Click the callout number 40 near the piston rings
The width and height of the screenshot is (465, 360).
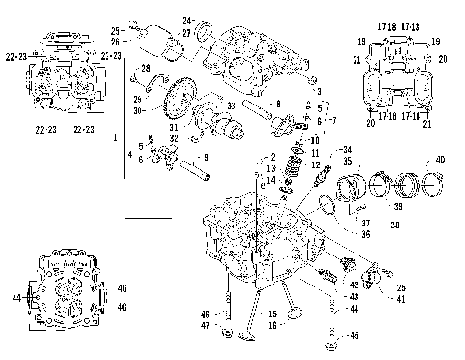(x=440, y=159)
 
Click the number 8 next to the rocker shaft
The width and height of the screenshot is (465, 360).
(x=278, y=103)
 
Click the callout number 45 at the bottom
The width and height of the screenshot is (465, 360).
(x=354, y=336)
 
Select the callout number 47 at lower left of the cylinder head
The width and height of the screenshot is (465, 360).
(x=206, y=327)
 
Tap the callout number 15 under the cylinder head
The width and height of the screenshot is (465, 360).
(x=274, y=314)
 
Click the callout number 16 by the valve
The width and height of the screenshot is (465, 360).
(x=274, y=327)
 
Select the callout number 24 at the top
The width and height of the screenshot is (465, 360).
(x=187, y=19)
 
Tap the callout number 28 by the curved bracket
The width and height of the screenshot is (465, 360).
(x=146, y=68)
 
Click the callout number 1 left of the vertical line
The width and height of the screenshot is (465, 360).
(x=117, y=138)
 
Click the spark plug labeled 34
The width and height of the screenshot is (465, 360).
(x=315, y=180)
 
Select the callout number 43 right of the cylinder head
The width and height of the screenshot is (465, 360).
(x=354, y=296)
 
